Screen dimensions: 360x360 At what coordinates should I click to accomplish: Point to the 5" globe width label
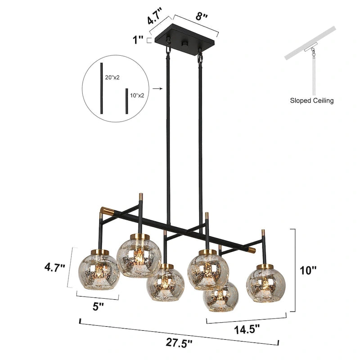coord(98,306)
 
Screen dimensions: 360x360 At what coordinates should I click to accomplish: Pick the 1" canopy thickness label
coord(138,40)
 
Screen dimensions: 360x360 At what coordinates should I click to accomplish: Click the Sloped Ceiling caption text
coord(311,100)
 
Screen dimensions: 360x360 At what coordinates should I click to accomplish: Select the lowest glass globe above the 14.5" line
coord(220,298)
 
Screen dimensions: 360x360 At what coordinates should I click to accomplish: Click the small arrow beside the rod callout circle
coord(157,90)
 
